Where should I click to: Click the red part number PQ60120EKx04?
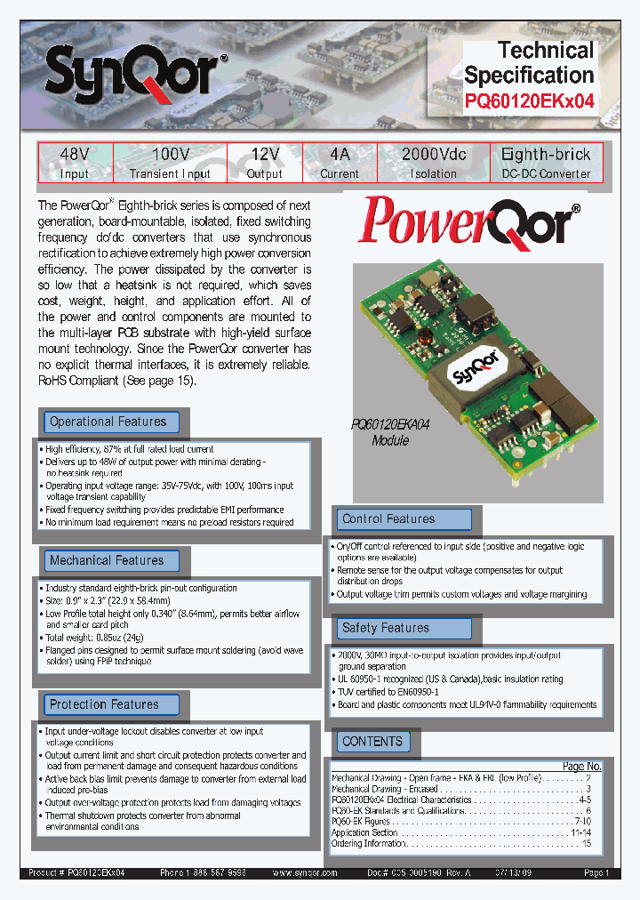(529, 101)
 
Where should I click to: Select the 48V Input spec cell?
(74, 164)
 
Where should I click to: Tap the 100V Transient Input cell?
(170, 164)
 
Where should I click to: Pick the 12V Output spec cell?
(264, 164)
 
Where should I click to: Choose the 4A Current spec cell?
(340, 164)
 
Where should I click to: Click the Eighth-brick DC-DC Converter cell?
(546, 164)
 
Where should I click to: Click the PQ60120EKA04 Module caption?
(390, 433)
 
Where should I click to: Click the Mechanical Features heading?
(109, 561)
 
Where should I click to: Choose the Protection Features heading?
(109, 705)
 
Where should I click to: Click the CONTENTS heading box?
(372, 742)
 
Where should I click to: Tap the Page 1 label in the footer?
(596, 873)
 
